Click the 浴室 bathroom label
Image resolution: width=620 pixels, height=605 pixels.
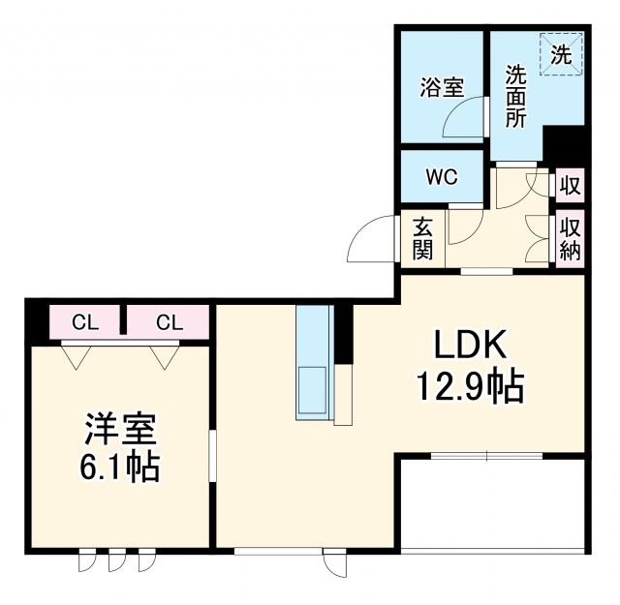[x=441, y=88]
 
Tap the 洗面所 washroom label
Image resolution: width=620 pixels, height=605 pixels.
[x=515, y=96]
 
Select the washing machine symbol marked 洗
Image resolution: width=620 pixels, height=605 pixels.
[x=563, y=54]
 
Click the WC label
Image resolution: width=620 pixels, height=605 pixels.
[x=442, y=177]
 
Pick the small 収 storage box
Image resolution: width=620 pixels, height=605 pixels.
[x=570, y=184]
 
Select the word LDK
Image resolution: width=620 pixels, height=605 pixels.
[x=470, y=346]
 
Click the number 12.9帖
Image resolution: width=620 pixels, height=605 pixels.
[x=470, y=388]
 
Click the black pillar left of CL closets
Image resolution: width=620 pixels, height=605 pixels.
[x=36, y=320]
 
